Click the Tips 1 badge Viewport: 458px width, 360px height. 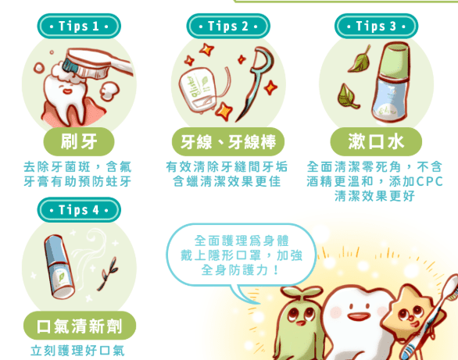point(79,26)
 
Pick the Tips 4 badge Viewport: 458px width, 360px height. point(79,209)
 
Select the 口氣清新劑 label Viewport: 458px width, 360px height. point(79,326)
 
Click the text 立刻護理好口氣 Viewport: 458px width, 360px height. point(77,350)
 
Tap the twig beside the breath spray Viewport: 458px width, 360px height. point(106,269)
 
